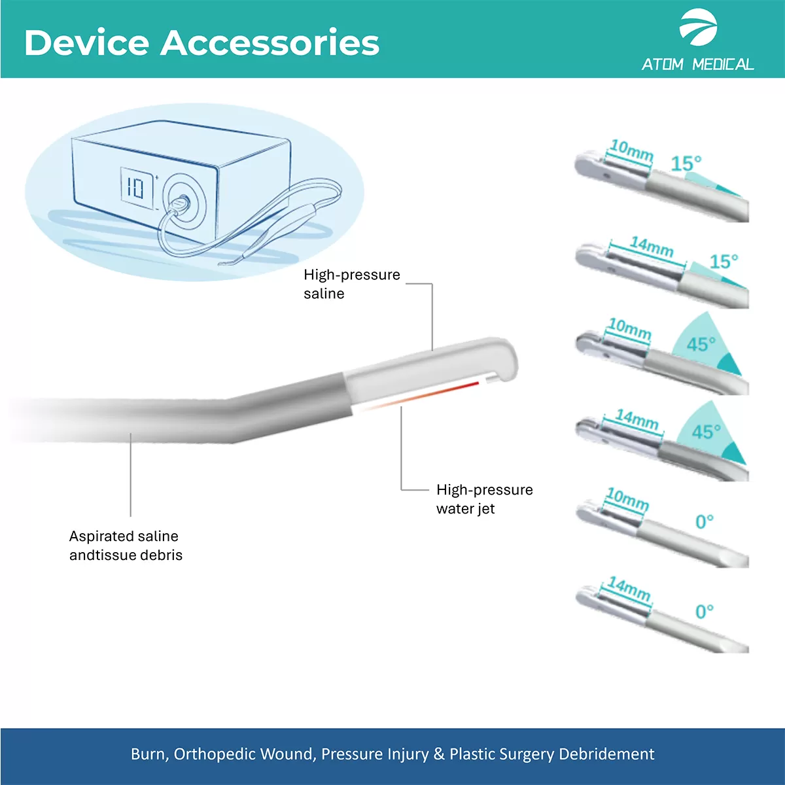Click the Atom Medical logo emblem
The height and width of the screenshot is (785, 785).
tap(698, 27)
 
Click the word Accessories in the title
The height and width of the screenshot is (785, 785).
tap(270, 43)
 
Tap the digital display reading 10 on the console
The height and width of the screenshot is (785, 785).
tap(136, 188)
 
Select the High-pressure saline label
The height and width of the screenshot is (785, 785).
tap(352, 284)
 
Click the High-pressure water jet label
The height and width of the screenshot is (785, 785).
tap(484, 499)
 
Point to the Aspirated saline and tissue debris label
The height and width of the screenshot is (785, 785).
tap(126, 546)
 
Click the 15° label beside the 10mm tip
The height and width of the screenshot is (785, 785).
tap(686, 164)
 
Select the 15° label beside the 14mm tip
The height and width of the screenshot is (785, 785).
tap(724, 261)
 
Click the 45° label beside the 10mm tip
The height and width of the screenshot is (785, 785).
tap(701, 344)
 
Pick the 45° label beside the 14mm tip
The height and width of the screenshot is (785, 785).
tap(706, 432)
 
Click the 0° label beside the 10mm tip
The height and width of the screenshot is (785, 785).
tap(705, 521)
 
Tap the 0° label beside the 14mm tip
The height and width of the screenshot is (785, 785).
tap(705, 611)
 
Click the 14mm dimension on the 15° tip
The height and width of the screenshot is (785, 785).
tap(652, 247)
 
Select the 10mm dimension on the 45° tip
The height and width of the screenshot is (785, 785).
tap(630, 328)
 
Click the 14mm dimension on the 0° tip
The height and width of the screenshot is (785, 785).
tap(629, 589)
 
